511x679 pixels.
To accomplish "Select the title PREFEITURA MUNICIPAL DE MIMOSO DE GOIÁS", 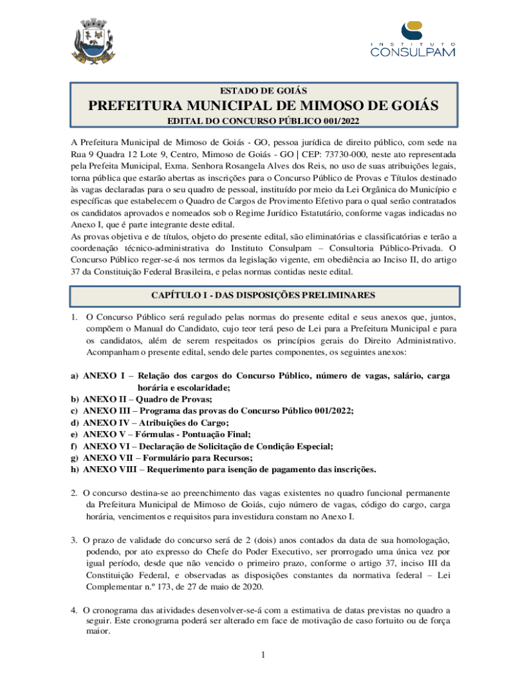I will click(263, 106).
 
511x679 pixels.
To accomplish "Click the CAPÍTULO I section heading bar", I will click(263, 294).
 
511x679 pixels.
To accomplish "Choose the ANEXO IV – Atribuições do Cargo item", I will click(155, 422).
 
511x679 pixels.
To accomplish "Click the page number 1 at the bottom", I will click(263, 656).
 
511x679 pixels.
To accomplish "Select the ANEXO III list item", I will click(218, 410).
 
